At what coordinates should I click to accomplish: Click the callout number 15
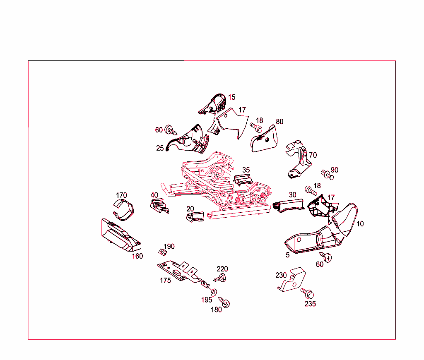pos(232,97)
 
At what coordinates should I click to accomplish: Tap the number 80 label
pos(279,122)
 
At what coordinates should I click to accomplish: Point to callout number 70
pos(313,155)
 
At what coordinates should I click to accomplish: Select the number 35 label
pos(246,170)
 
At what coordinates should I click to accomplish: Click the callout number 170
pos(121,195)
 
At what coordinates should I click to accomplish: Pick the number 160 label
pos(137,256)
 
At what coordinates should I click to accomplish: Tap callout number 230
pos(281,275)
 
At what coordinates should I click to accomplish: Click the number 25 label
pos(160,148)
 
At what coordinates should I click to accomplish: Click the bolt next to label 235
pos(307,293)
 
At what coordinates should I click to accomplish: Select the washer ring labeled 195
pos(214,292)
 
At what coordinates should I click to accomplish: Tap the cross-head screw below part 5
pos(325,257)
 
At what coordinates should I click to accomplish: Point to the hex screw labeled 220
pos(220,278)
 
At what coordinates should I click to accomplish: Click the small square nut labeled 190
pos(162,252)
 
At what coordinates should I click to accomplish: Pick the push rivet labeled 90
pos(327,174)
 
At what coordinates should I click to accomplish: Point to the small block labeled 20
pos(195,217)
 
